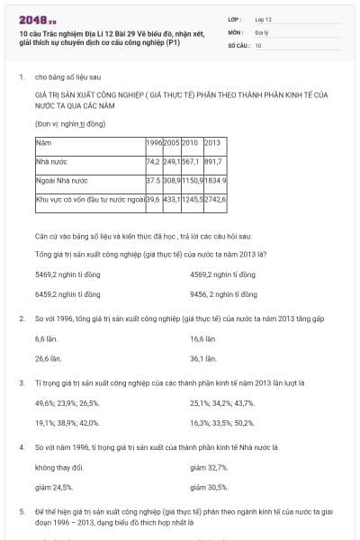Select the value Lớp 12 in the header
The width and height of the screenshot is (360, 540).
pyautogui.click(x=263, y=18)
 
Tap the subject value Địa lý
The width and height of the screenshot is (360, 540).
pyautogui.click(x=260, y=31)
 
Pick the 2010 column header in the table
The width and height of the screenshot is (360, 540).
pyautogui.click(x=189, y=142)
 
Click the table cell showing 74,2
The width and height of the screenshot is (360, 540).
pyautogui.click(x=152, y=161)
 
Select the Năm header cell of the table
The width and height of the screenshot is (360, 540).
pyautogui.click(x=43, y=142)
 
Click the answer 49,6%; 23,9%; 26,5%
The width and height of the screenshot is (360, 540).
pyautogui.click(x=67, y=403)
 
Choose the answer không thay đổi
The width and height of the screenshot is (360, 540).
pyautogui.click(x=58, y=468)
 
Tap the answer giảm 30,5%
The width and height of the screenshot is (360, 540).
pyautogui.click(x=209, y=487)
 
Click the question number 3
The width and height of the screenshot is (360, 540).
pyautogui.click(x=21, y=383)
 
